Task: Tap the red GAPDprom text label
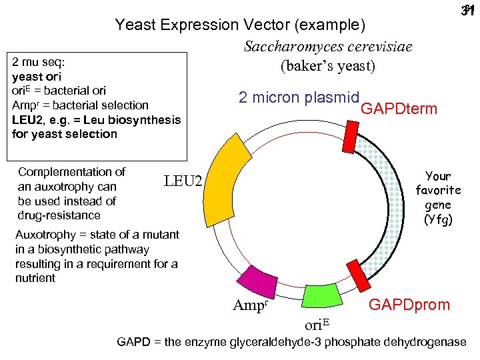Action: (409, 305)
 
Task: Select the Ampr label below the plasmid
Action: (250, 306)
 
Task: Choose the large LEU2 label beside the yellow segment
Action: (182, 179)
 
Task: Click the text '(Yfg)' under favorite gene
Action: (438, 219)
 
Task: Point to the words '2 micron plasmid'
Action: (299, 97)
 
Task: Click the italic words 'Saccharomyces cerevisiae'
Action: (328, 47)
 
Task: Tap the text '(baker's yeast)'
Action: (328, 67)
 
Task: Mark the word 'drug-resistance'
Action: (59, 215)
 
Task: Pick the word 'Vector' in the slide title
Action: (263, 25)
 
